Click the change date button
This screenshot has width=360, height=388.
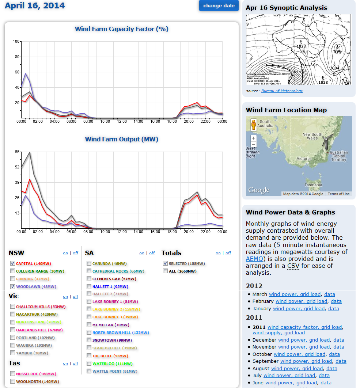[x=219, y=5]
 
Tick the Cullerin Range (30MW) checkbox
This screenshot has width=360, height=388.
[x=13, y=271]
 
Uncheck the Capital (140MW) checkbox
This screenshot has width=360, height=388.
[x=13, y=263]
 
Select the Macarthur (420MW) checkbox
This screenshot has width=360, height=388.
[x=13, y=314]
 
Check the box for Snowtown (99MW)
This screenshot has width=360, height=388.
[x=89, y=340]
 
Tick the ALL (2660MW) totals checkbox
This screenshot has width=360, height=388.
[x=166, y=271]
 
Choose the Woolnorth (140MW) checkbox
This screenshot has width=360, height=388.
[x=13, y=381]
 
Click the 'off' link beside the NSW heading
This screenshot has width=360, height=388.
[x=75, y=253]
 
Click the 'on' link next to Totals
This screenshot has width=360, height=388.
[x=218, y=253]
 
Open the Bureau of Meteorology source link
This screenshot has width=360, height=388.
[x=282, y=91]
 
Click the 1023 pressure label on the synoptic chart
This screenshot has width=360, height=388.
[x=301, y=46]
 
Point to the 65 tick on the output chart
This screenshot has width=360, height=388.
[x=16, y=151]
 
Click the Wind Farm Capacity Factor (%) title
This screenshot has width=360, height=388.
[x=121, y=29]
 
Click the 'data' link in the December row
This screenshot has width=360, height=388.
[x=339, y=340]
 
